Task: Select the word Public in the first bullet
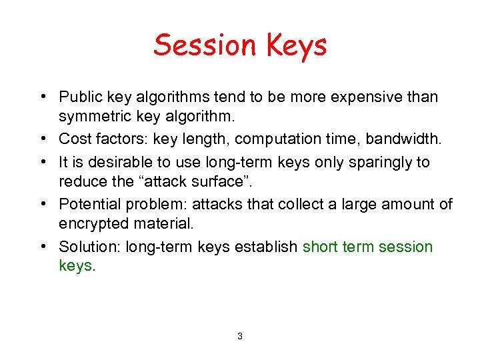click(x=80, y=97)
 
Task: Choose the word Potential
click(x=87, y=204)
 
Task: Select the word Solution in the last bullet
click(x=84, y=247)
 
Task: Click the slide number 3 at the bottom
click(x=240, y=337)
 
